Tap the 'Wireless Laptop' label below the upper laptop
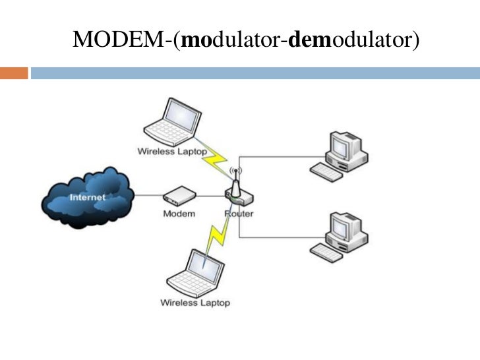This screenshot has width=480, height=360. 172,152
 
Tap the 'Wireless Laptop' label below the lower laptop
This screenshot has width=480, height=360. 195,303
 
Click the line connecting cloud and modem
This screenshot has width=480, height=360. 149,195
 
